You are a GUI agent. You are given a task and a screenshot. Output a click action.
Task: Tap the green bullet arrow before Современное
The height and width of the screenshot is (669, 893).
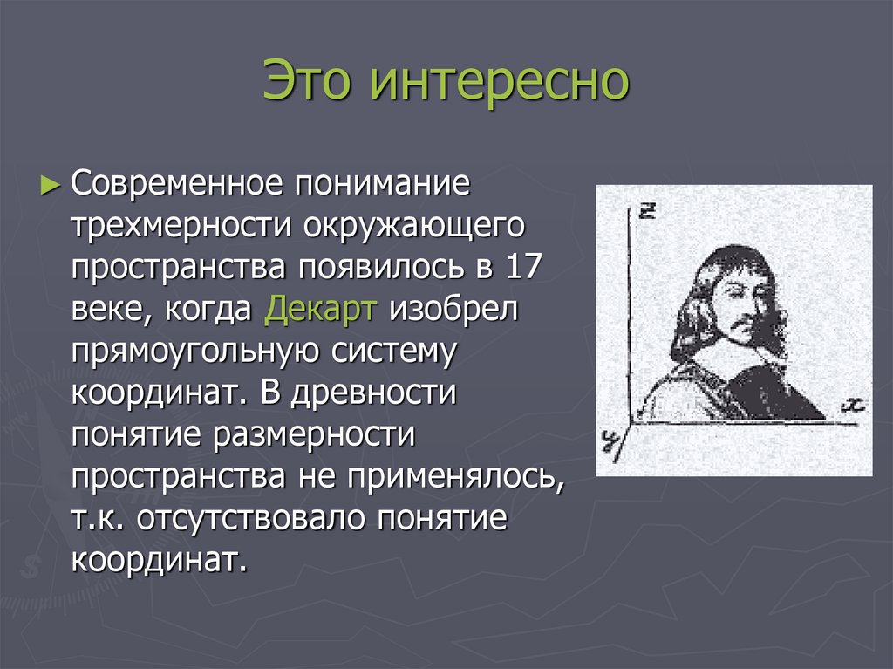tap(51, 185)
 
